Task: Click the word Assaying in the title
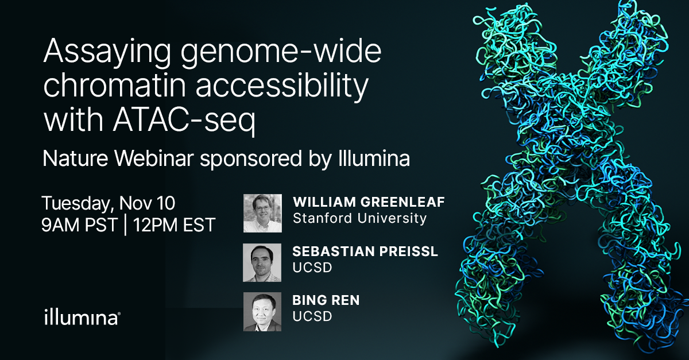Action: (107, 52)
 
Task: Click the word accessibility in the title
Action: (282, 86)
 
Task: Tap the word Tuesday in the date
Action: (76, 204)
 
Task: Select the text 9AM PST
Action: (79, 225)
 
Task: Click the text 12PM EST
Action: (174, 225)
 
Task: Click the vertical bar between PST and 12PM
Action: (126, 226)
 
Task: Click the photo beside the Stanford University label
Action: (262, 213)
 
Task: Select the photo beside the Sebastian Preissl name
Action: (262, 262)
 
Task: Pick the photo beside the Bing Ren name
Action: (262, 312)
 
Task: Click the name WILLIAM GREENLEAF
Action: (369, 202)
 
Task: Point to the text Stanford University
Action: (359, 218)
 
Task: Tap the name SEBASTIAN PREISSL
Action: (365, 251)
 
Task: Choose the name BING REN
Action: (326, 300)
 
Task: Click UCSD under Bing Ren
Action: (312, 316)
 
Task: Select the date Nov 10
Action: (147, 203)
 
